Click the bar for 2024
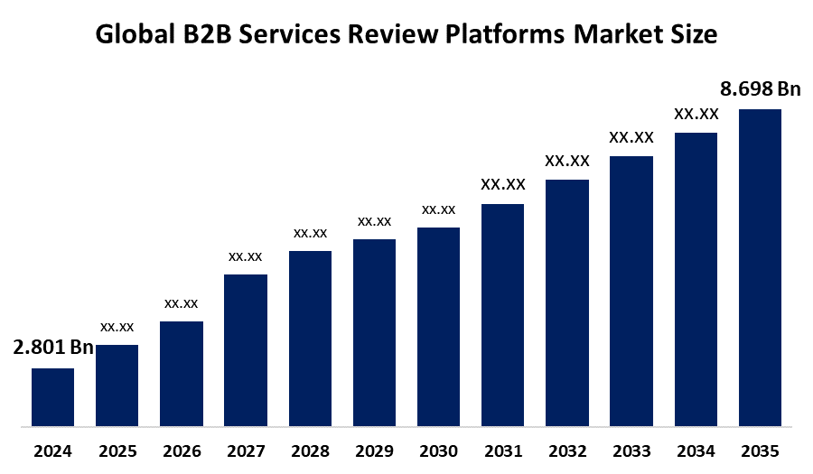tap(52, 396)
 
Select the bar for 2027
tap(246, 349)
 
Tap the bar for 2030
tap(438, 326)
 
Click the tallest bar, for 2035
tap(760, 267)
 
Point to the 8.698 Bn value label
tap(760, 88)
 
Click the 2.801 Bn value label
tap(53, 348)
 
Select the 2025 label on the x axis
tap(117, 451)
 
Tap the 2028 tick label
tap(310, 451)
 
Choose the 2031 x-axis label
tap(503, 451)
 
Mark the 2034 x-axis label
tap(696, 451)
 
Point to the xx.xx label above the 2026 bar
tap(182, 302)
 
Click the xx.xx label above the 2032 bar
tap(567, 161)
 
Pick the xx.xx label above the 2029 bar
tap(374, 220)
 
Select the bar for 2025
tap(117, 385)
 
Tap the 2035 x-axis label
tap(760, 451)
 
